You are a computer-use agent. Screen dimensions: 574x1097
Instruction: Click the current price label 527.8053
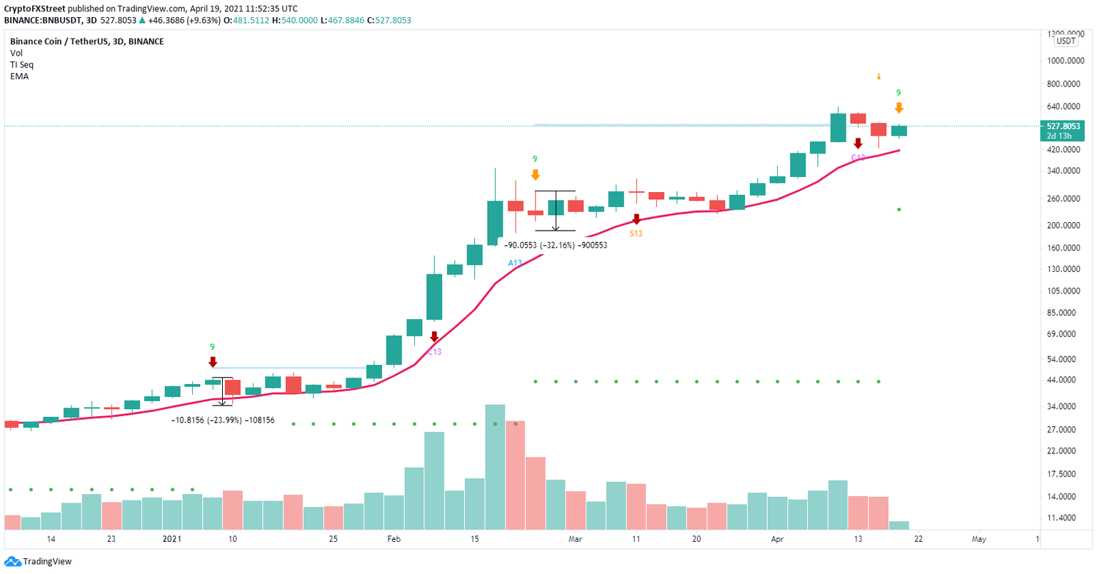pos(1063,126)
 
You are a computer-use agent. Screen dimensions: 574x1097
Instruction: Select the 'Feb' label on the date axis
pos(394,539)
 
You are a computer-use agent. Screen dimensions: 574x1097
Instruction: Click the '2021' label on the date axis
pos(172,539)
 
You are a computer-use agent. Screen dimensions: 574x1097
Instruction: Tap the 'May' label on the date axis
pos(978,539)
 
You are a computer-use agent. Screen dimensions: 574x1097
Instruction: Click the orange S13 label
pos(636,233)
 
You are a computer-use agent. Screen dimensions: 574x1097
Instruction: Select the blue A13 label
pos(515,263)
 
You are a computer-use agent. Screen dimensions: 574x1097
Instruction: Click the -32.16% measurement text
pos(556,245)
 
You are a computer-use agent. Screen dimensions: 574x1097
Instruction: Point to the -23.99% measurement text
pos(223,421)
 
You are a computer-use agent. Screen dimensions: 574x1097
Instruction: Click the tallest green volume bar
pos(495,467)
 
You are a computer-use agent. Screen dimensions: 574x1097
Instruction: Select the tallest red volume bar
pos(516,475)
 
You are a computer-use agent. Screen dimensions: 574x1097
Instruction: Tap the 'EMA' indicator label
pos(19,76)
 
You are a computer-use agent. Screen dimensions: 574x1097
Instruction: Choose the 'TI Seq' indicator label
pos(22,65)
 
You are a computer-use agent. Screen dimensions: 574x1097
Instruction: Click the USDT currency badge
pos(1066,41)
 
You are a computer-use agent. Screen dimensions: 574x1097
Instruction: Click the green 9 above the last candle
pos(898,93)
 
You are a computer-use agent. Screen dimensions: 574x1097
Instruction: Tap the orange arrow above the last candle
pos(898,108)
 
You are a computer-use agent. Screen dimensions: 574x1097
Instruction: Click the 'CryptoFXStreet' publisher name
pos(34,9)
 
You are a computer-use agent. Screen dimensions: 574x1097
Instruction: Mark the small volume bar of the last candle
pos(899,525)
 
